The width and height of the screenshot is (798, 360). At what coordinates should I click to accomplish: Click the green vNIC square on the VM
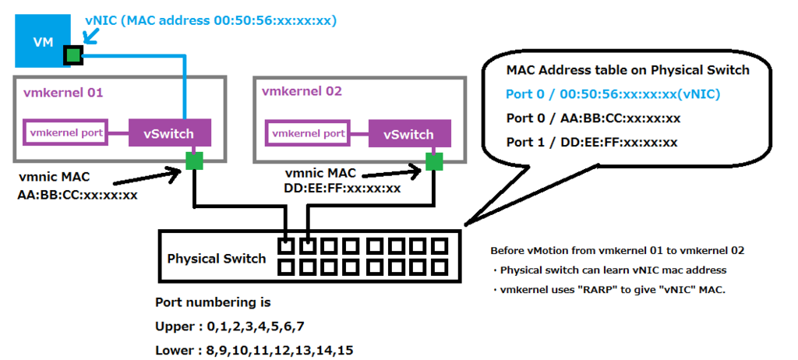[x=73, y=55]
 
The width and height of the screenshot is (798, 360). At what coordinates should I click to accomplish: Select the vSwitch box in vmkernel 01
[x=169, y=133]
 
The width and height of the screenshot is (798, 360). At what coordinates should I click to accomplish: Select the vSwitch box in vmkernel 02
[x=409, y=134]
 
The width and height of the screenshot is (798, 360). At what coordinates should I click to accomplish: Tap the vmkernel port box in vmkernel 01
[x=66, y=132]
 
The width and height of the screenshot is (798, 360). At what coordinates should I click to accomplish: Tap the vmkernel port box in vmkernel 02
[x=308, y=133]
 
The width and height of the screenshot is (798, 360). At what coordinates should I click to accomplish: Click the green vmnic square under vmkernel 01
[x=194, y=161]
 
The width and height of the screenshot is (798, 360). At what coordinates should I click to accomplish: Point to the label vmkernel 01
[x=62, y=92]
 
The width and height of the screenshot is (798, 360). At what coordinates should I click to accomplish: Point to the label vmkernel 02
[x=302, y=91]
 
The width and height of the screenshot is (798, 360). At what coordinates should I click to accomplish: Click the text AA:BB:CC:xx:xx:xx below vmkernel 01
[x=77, y=195]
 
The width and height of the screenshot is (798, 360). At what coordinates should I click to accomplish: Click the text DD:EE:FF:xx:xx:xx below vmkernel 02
[x=344, y=188]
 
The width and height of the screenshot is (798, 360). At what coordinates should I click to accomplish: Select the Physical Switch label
[x=217, y=259]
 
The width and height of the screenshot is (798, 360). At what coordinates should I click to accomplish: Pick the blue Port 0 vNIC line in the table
[x=613, y=94]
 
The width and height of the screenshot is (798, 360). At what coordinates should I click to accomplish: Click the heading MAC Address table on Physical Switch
[x=627, y=70]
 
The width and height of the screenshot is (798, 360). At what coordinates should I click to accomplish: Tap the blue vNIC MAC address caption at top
[x=210, y=21]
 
